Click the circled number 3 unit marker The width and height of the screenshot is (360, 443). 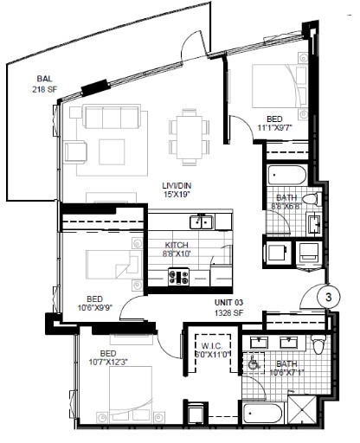tap(328, 296)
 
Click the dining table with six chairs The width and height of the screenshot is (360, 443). tap(187, 133)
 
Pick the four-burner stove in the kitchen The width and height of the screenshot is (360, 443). tap(179, 277)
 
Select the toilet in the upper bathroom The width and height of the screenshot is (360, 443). tap(316, 199)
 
